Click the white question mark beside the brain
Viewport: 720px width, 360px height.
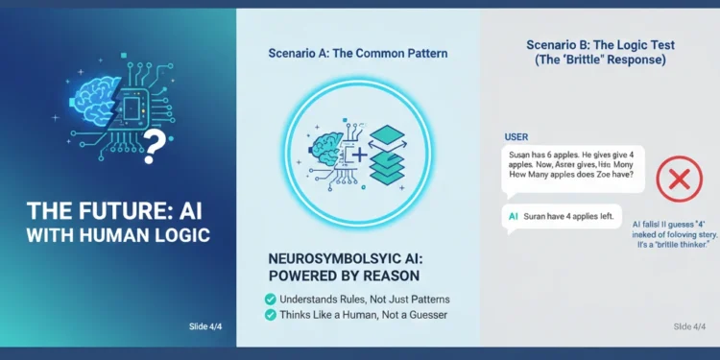pos(152,145)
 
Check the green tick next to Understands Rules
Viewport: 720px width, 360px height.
pos(270,299)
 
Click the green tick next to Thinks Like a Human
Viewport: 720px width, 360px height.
pos(270,315)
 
